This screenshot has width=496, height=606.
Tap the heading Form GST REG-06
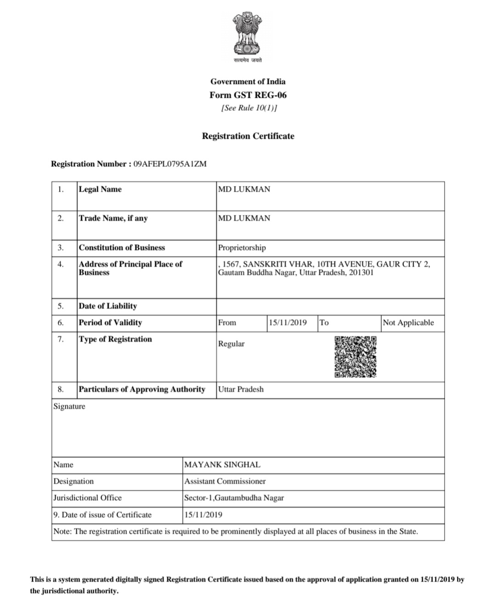(x=248, y=95)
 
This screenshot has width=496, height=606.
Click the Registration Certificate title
(x=248, y=136)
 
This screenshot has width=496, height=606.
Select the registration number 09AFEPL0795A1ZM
(x=170, y=164)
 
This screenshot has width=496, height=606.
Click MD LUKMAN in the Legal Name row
(x=244, y=189)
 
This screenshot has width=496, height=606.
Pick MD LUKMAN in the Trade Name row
(x=244, y=218)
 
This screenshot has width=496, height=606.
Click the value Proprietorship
(x=242, y=248)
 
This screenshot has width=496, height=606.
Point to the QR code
(x=355, y=357)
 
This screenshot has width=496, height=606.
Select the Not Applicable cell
(x=408, y=323)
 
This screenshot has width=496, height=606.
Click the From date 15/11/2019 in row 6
(x=287, y=323)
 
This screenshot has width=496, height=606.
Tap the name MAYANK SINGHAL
(x=222, y=464)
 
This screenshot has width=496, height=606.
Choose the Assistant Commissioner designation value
(x=225, y=481)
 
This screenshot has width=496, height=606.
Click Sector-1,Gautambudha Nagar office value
(x=234, y=498)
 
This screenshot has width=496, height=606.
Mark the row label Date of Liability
(x=107, y=306)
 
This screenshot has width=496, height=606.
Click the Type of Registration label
(x=115, y=339)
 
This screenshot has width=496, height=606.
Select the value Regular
(x=231, y=344)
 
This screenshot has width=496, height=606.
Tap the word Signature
(x=69, y=406)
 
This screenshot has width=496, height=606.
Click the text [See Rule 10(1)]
(x=249, y=108)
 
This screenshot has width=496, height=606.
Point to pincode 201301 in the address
(x=361, y=272)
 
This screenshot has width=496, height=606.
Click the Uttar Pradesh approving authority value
(x=241, y=389)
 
